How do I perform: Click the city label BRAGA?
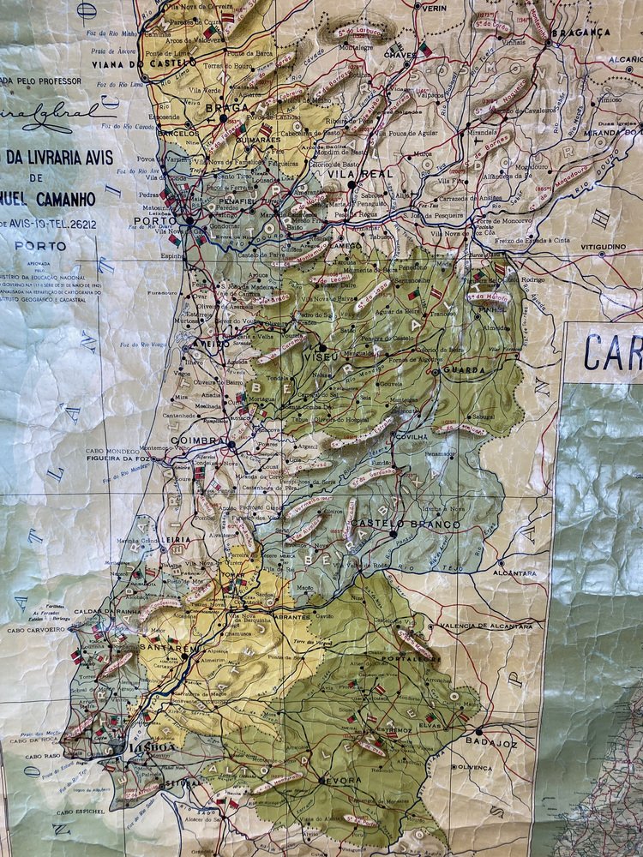[x=227, y=108]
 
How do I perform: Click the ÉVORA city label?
[x=342, y=781]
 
